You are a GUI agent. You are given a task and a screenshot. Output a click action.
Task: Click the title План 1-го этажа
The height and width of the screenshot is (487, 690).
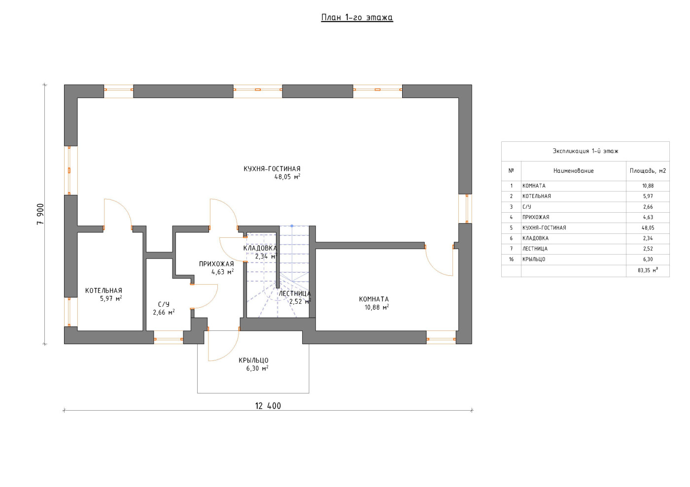(357, 17)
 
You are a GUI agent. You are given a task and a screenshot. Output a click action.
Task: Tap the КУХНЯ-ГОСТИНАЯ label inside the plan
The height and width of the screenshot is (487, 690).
(272, 169)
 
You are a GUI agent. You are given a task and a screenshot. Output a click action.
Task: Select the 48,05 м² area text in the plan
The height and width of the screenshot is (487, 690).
(287, 177)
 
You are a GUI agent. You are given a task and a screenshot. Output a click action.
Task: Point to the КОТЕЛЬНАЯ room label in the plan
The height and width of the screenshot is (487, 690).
(103, 291)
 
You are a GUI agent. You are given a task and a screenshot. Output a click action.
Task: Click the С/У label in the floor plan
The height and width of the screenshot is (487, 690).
(164, 304)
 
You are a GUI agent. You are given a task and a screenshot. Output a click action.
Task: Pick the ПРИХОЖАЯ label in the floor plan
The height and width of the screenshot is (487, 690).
(216, 264)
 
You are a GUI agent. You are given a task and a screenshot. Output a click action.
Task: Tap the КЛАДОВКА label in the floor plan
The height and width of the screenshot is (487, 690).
(260, 248)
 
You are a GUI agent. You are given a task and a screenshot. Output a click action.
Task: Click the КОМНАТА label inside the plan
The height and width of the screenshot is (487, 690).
(374, 299)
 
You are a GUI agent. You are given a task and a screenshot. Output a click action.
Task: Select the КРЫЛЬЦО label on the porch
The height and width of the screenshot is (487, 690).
(253, 360)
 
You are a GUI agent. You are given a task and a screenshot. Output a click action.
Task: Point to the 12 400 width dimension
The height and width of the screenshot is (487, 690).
(268, 406)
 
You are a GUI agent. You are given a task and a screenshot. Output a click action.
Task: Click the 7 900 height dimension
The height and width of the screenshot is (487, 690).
(40, 214)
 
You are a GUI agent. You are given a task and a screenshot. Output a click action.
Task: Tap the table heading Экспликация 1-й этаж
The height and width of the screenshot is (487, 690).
(586, 151)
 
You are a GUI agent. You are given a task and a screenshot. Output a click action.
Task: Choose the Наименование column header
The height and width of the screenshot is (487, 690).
(573, 170)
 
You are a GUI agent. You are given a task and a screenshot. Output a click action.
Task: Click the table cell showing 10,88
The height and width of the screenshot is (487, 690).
(648, 186)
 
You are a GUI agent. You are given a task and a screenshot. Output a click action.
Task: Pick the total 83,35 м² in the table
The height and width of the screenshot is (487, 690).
(648, 270)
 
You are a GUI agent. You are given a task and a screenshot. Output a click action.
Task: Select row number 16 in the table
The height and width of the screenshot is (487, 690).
(511, 259)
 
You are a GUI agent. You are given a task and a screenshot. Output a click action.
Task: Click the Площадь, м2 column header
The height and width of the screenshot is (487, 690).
(648, 170)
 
